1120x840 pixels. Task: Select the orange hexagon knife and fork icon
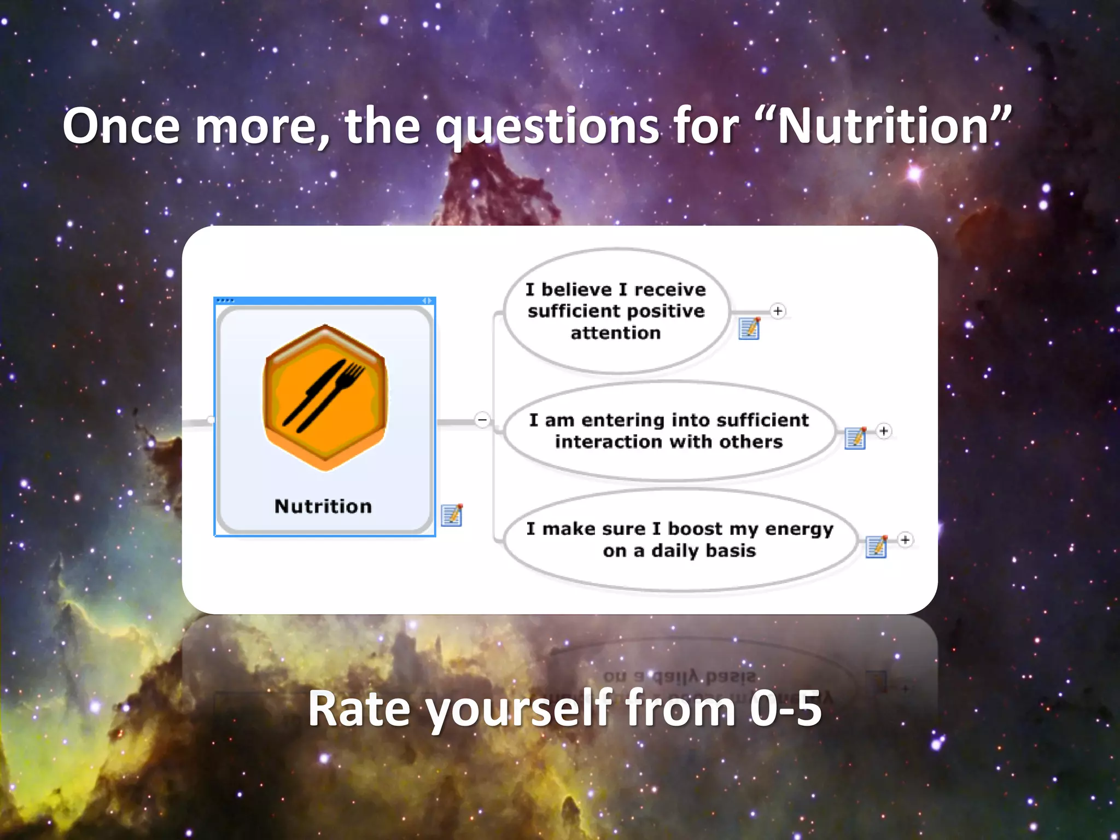pos(325,398)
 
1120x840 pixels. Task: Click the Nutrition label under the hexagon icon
pos(323,506)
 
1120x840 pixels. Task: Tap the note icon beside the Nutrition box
pos(452,515)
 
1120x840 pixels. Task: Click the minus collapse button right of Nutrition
pos(482,420)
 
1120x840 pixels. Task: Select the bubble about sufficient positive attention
pos(616,311)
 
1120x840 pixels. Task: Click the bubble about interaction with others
pos(668,431)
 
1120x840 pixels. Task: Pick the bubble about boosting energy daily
pos(679,540)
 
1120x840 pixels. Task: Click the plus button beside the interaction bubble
pos(884,431)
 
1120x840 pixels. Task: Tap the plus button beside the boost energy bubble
pos(905,540)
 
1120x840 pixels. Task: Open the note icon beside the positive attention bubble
pos(749,328)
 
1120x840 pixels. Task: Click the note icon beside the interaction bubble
pos(855,438)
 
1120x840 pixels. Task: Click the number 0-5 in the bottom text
pos(785,709)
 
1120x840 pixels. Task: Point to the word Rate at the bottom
pos(359,709)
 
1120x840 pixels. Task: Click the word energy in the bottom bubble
pos(799,529)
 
